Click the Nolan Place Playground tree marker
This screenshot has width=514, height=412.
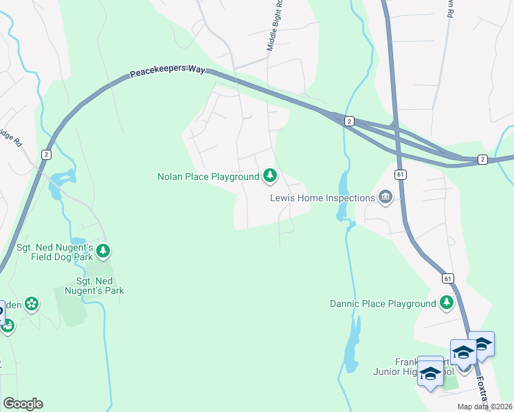[270, 177]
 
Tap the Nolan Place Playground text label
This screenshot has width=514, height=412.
[208, 177]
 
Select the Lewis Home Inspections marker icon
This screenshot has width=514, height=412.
[385, 198]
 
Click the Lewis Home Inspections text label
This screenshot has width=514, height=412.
[322, 198]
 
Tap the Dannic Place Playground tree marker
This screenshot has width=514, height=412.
[447, 303]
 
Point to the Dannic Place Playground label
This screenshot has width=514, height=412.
[383, 304]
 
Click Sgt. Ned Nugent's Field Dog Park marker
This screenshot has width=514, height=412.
[103, 251]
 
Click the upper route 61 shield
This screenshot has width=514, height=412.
[401, 175]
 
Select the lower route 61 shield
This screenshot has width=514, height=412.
[447, 278]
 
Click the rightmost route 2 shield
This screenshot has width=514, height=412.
[482, 159]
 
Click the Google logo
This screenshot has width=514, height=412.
[23, 404]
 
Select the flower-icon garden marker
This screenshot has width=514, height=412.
[31, 303]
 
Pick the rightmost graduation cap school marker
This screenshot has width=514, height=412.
[480, 344]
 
